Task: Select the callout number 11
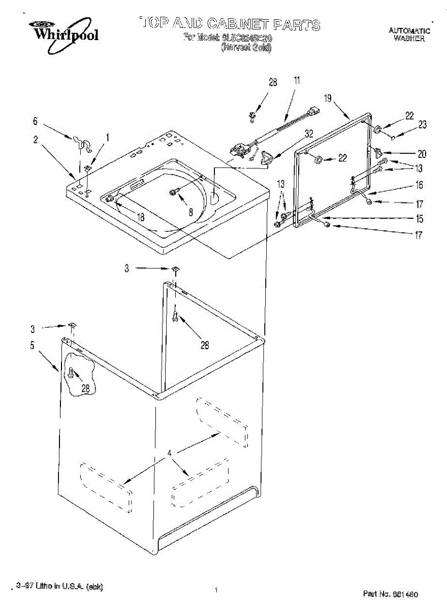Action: [297, 80]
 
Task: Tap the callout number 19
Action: [328, 98]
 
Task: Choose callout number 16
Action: [420, 186]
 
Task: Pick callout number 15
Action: [420, 219]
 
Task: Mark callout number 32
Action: [309, 134]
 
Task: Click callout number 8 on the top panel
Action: [191, 213]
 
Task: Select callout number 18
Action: [141, 217]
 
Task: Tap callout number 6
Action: [35, 121]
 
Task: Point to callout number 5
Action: [32, 346]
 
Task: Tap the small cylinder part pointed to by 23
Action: [394, 137]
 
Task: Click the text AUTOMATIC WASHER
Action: [409, 35]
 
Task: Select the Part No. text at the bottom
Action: [390, 593]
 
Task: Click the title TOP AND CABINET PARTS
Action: [230, 23]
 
